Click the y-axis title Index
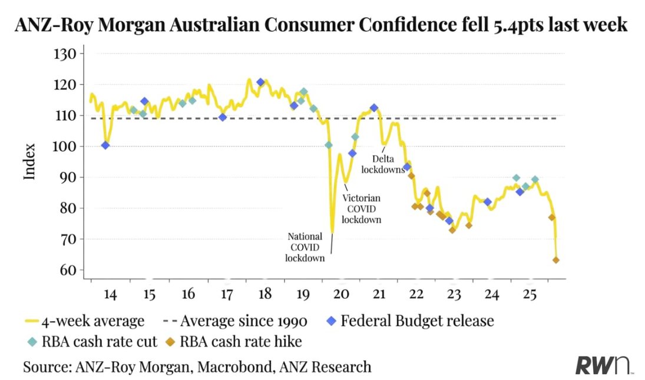coord(29,162)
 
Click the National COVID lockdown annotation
coord(305,247)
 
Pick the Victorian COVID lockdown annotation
coord(361,209)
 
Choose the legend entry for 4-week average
coord(85,321)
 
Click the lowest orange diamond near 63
coord(555,260)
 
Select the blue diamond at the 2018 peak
coord(260,82)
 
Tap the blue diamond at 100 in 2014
coord(105,145)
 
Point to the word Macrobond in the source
coord(228,367)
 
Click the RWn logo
coord(603,365)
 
